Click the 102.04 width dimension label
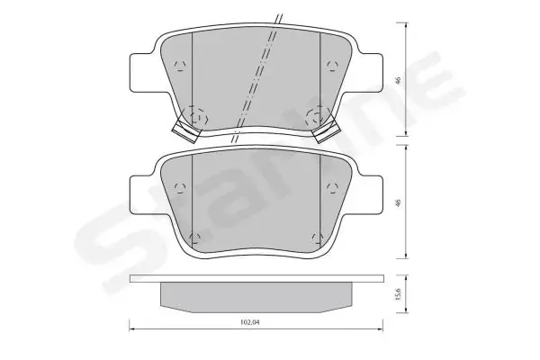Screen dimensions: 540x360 coord(249,323)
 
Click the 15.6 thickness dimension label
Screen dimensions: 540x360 coord(399,294)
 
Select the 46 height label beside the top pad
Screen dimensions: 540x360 coord(399,81)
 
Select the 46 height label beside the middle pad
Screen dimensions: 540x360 coord(399,202)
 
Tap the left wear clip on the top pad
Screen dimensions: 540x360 coord(185,131)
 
